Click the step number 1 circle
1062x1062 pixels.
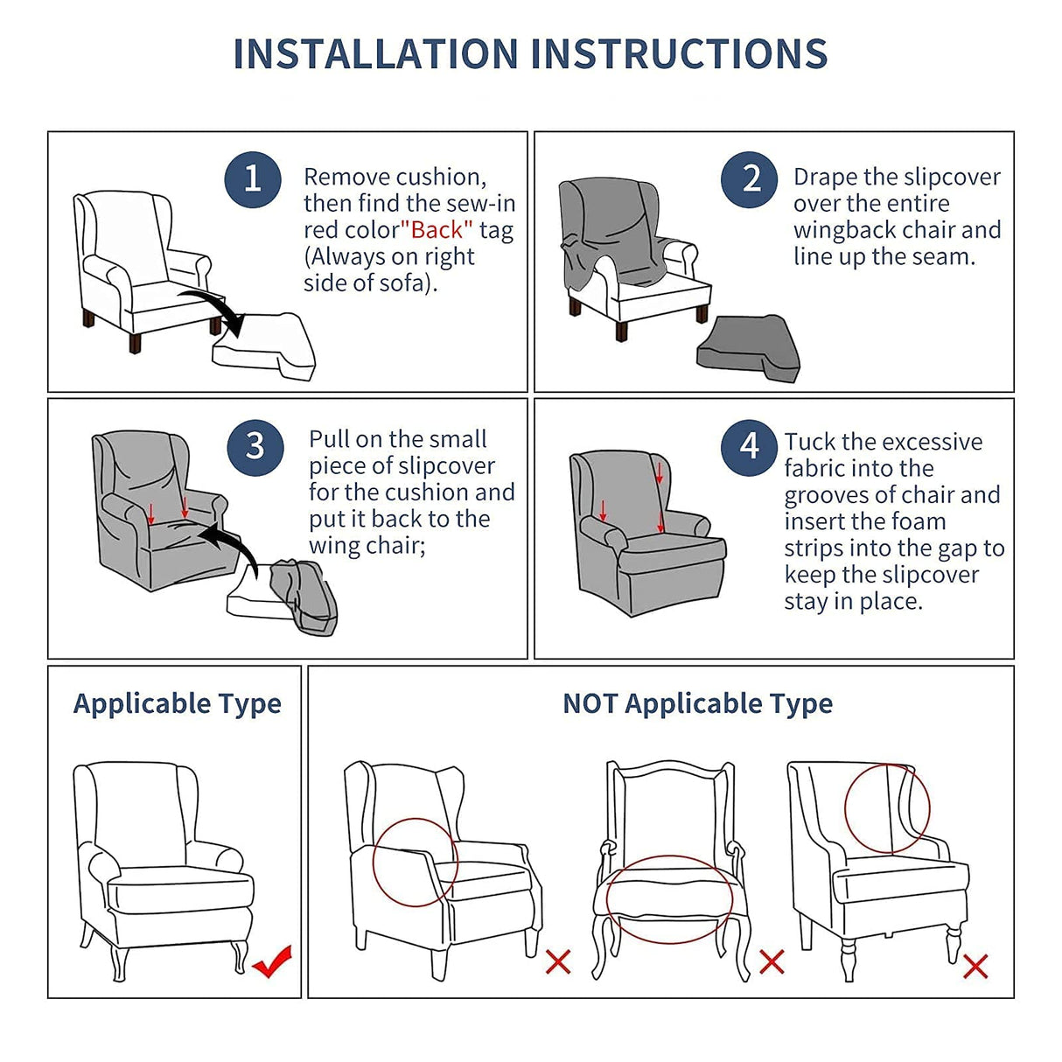pyautogui.click(x=253, y=179)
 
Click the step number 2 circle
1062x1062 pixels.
pyautogui.click(x=750, y=179)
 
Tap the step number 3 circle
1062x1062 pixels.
pyautogui.click(x=255, y=446)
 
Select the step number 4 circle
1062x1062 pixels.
pyautogui.click(x=749, y=446)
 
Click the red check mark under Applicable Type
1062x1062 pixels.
pyautogui.click(x=272, y=961)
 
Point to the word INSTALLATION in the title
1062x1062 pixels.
pyautogui.click(x=374, y=54)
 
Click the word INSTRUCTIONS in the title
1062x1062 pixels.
pyautogui.click(x=679, y=54)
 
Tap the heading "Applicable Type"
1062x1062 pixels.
pyautogui.click(x=178, y=703)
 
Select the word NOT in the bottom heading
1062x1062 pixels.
pyautogui.click(x=590, y=703)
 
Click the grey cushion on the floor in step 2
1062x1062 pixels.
pyautogui.click(x=748, y=348)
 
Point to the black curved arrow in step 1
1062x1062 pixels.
pyautogui.click(x=214, y=311)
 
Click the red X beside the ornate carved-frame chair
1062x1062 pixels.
pyautogui.click(x=772, y=961)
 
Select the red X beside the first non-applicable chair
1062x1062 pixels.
pyautogui.click(x=558, y=961)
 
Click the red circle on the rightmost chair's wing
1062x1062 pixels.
pyautogui.click(x=886, y=808)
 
